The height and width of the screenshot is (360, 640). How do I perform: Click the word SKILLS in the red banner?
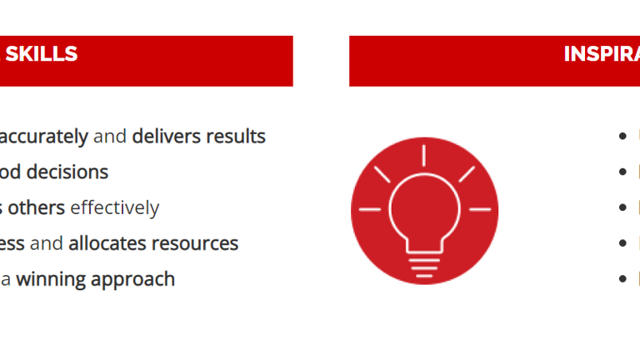point(42,54)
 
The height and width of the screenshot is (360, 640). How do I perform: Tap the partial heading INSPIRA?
point(601,54)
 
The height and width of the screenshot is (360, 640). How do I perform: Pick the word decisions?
point(67,172)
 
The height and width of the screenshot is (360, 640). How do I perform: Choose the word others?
point(37,207)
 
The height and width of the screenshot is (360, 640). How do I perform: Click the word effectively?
point(115,207)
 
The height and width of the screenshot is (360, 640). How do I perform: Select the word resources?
point(197,243)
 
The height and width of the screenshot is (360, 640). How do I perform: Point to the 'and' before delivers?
point(110,136)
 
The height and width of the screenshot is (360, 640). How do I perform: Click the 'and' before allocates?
point(52,243)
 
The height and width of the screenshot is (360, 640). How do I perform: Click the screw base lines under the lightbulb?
point(424,265)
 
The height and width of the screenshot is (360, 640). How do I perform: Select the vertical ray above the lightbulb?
point(424,156)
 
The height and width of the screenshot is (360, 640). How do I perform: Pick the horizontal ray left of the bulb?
point(369,208)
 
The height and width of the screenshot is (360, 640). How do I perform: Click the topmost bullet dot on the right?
point(622,137)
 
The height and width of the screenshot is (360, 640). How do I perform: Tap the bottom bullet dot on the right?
point(622,279)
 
